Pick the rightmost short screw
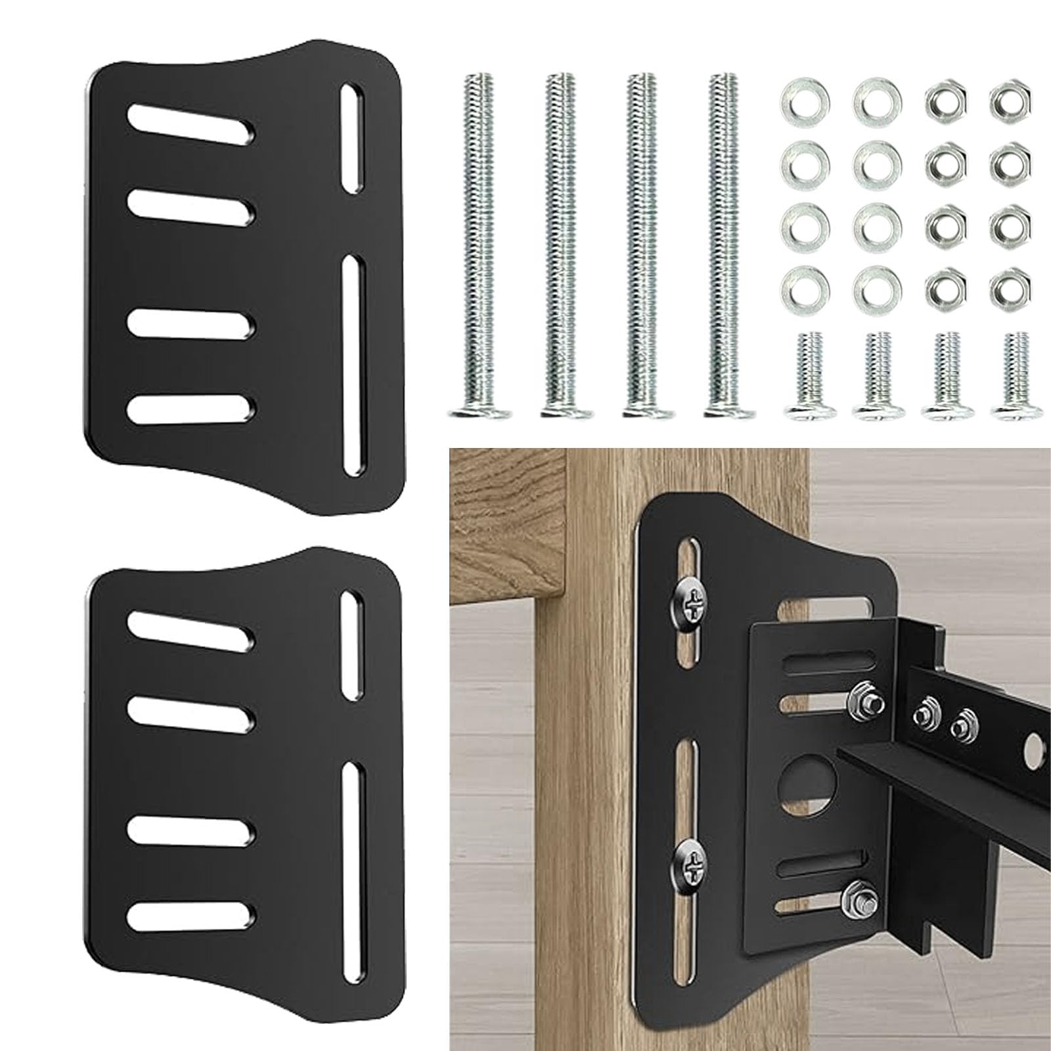point(1017,374)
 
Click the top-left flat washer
point(805,101)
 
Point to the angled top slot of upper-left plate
point(191,122)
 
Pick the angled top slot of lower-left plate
point(191,631)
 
